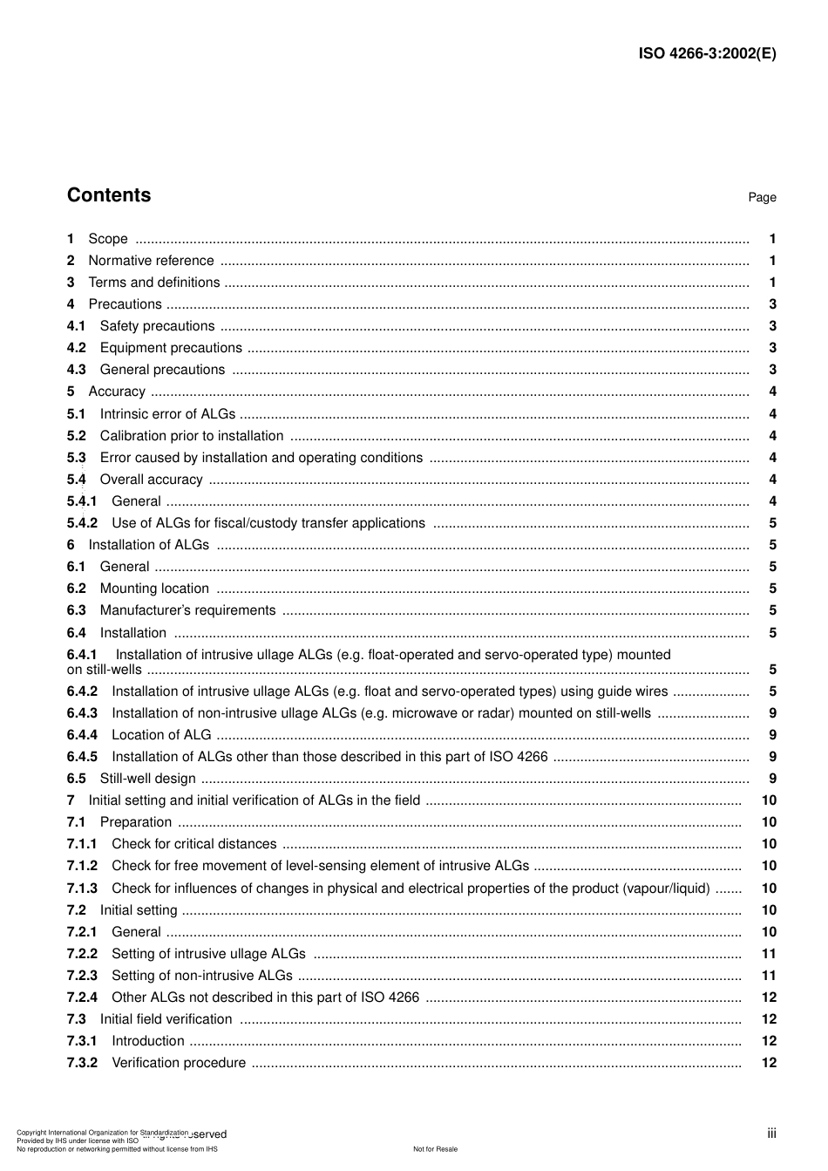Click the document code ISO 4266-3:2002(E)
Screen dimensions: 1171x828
707,53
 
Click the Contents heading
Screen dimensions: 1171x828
109,195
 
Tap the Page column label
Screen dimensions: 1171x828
762,198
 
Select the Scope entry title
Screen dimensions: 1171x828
108,239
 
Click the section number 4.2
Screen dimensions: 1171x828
77,348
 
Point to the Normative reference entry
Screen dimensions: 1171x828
151,261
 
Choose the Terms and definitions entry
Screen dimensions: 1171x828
154,283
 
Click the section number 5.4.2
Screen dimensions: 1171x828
82,523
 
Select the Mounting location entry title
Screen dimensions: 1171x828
154,589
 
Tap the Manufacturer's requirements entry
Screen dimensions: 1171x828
187,610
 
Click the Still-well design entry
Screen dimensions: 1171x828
148,779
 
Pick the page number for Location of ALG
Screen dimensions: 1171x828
772,735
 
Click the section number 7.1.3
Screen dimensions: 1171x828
82,888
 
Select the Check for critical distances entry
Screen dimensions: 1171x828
194,844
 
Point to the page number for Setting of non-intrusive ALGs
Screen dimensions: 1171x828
769,976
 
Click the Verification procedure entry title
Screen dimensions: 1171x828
179,1063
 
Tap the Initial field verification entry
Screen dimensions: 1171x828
166,1019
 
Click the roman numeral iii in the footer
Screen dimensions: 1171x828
771,1134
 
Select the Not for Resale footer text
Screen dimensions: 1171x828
435,1149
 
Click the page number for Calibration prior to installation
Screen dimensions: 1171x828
772,436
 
